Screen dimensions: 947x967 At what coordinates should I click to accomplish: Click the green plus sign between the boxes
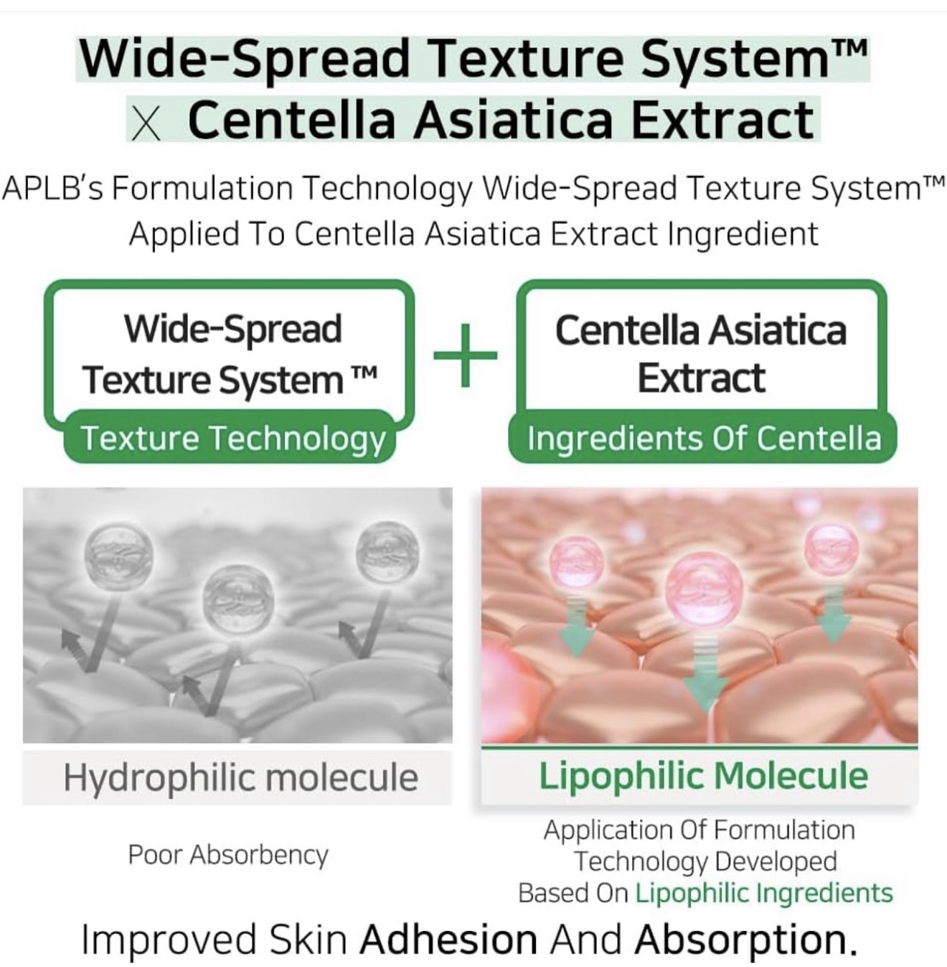pyautogui.click(x=465, y=355)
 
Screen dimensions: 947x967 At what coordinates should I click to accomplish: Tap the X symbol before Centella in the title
pyautogui.click(x=146, y=123)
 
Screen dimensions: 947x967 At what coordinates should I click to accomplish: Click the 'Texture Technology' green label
pyautogui.click(x=233, y=438)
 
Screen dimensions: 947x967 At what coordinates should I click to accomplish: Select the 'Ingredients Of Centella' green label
pyautogui.click(x=703, y=438)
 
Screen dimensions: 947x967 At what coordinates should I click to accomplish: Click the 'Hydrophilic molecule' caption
pyautogui.click(x=241, y=777)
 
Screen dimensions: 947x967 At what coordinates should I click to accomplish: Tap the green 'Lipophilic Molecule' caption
pyautogui.click(x=703, y=776)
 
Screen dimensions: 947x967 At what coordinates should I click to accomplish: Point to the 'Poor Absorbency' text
pyautogui.click(x=228, y=854)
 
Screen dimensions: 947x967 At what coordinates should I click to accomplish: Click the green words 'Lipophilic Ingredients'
pyautogui.click(x=764, y=893)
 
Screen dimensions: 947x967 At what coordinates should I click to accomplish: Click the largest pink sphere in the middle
pyautogui.click(x=705, y=590)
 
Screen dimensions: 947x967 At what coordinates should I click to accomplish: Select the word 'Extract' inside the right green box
pyautogui.click(x=701, y=378)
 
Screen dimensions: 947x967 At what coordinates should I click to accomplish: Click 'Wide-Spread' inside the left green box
pyautogui.click(x=233, y=329)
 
